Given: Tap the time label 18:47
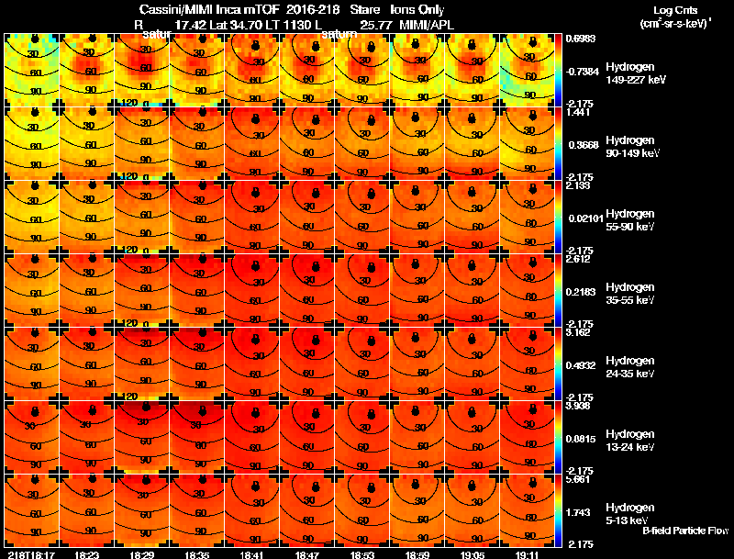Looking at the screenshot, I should [307, 554].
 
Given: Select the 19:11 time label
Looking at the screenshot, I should [528, 554].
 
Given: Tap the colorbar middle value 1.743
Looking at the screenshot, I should [578, 510].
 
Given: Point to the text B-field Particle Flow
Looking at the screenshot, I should [685, 531].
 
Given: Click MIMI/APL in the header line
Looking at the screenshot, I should [426, 26].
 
